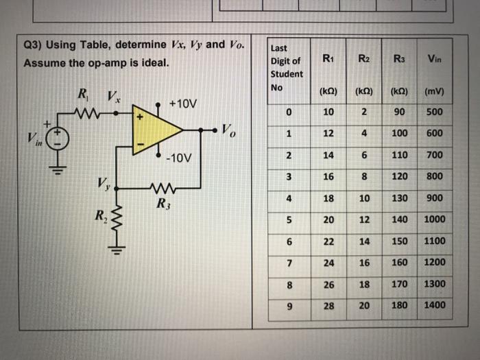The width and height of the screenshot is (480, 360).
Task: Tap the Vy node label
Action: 103,184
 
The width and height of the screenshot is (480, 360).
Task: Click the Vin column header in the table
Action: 434,60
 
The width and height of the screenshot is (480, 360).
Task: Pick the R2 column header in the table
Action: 365,60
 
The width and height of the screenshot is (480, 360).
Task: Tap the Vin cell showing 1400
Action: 434,305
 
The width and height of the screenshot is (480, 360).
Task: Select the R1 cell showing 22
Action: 329,241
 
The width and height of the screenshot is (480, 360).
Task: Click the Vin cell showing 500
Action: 434,112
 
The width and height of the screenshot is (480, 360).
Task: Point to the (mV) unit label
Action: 434,90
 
